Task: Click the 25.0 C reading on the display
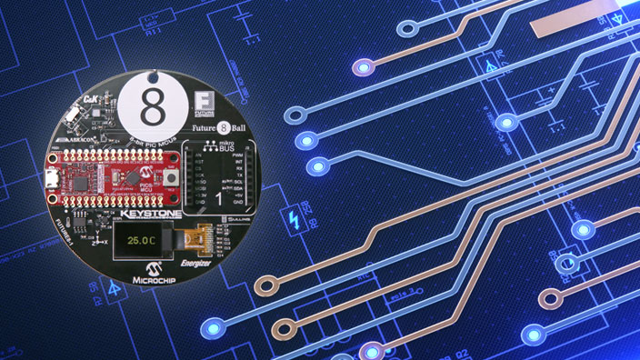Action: click(140, 242)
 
